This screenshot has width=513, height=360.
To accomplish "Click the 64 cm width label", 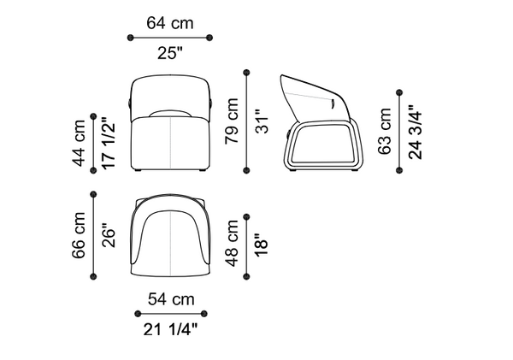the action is click(170, 23).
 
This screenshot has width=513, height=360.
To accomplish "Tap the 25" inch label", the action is click(170, 53).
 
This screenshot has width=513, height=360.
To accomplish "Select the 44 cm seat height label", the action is click(79, 143).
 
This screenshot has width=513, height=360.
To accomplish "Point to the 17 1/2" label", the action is click(109, 143).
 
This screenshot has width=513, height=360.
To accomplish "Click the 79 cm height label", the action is click(232, 121).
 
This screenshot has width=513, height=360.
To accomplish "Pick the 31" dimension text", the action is click(262, 121).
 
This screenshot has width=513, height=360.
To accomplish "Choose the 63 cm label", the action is click(385, 131).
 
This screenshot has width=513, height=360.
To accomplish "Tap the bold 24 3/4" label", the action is click(416, 132).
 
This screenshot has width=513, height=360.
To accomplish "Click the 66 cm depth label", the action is click(79, 235).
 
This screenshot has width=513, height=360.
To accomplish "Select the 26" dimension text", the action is click(109, 235).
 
